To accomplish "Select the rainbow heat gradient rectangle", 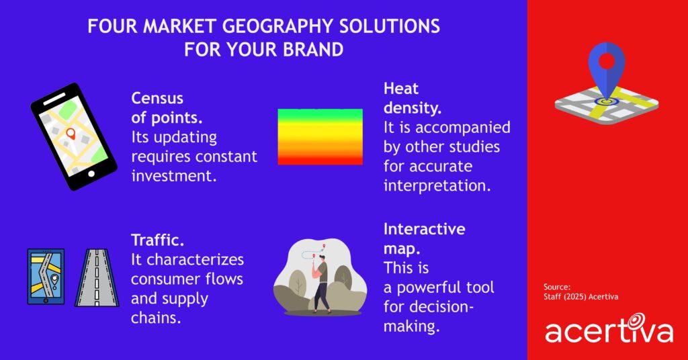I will pos(320,136).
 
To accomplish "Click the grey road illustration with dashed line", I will pos(97,277).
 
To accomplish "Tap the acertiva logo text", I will pos(608,331).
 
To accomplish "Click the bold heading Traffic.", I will pos(157,238).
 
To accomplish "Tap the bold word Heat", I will pos(401,88).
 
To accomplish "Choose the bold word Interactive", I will pos(424,229).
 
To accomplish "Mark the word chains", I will pos(156,318).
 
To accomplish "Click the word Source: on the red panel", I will pos(558,287).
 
